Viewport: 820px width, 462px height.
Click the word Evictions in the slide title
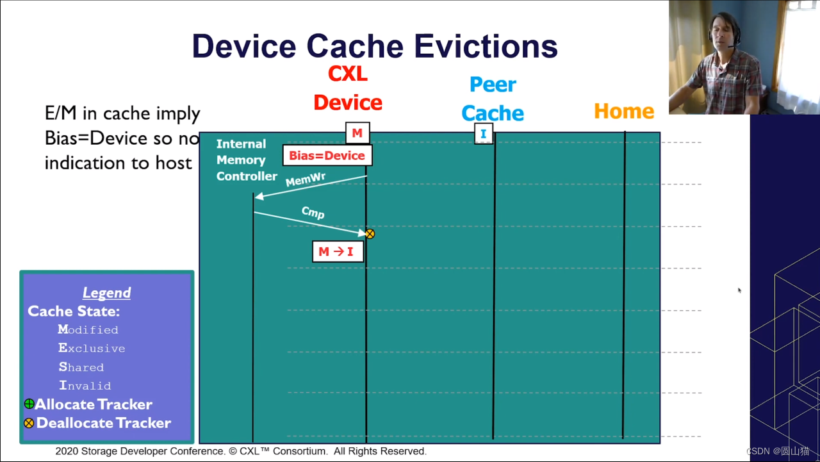(486, 46)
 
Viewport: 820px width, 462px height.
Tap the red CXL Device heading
(348, 88)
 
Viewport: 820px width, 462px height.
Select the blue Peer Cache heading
(493, 99)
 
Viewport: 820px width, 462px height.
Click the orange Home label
(624, 111)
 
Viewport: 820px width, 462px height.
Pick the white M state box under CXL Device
(357, 133)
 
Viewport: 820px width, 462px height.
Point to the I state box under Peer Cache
(484, 134)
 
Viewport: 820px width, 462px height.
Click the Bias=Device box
(327, 156)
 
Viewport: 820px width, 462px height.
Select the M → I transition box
(338, 251)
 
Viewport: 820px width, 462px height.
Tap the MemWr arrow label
(306, 179)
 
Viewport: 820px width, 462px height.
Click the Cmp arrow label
(313, 212)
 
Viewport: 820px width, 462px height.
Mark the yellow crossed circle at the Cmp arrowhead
(370, 234)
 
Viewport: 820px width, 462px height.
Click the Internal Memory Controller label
(247, 160)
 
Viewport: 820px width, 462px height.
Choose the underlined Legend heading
(106, 293)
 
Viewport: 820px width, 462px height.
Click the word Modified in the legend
(88, 329)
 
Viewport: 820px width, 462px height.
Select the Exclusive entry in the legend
(92, 348)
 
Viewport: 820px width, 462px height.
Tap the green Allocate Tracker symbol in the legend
(29, 404)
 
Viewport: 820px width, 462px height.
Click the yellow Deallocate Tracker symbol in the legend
(29, 423)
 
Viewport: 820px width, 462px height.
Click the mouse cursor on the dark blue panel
(739, 290)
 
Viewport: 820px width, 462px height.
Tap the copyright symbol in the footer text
(233, 451)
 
